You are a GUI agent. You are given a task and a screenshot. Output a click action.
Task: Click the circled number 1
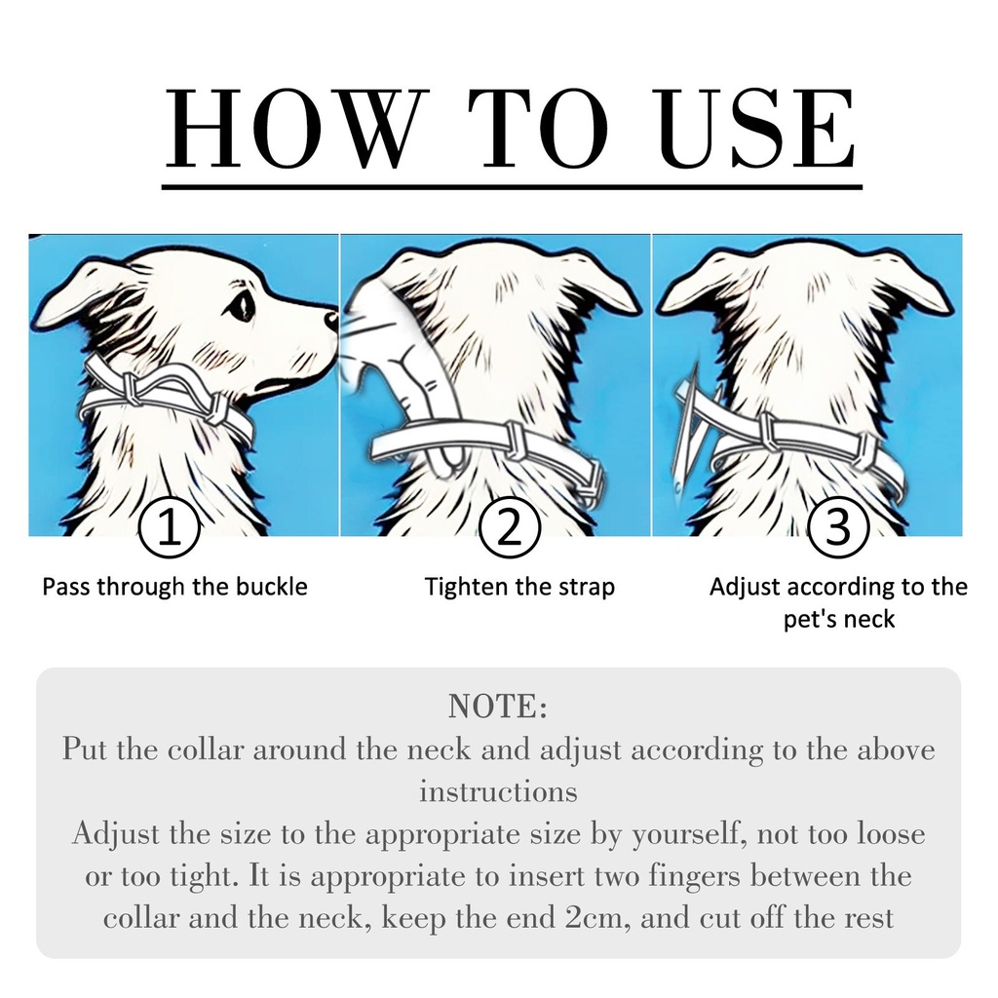(x=170, y=528)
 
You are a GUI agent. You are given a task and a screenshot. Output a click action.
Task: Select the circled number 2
(x=509, y=528)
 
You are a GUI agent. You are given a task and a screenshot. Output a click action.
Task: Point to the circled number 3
(x=837, y=528)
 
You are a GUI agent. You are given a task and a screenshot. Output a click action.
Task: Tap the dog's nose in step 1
(x=331, y=320)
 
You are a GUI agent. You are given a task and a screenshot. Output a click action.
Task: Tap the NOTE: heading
(x=498, y=707)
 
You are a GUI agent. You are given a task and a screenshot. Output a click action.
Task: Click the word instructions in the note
(x=498, y=791)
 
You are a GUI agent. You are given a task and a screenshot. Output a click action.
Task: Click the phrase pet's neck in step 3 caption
(x=839, y=619)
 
